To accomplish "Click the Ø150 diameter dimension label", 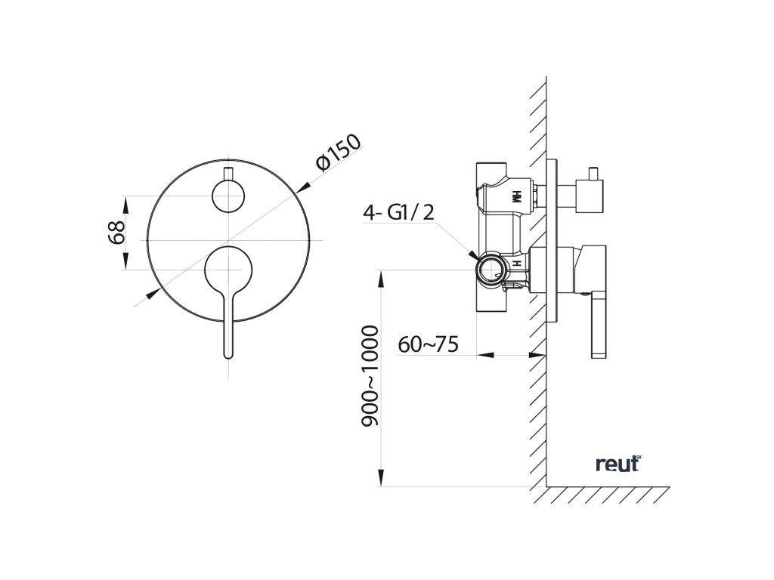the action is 339,154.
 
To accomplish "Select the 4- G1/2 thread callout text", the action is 399,214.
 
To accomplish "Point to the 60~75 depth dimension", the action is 429,344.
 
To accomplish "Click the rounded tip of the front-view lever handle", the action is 228,352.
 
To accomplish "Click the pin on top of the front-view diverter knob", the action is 228,171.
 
